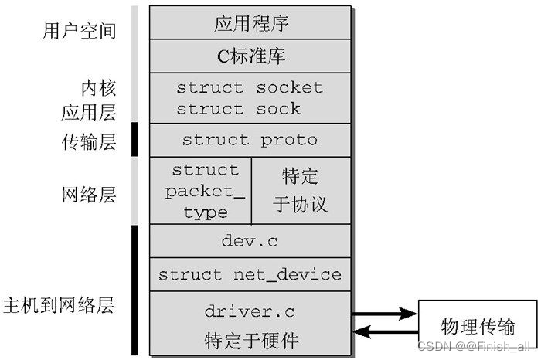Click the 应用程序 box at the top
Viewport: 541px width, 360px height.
250,23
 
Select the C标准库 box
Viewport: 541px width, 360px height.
250,56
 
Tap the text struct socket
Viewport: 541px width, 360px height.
250,87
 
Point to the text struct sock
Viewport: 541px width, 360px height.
239,109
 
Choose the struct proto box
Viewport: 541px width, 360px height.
250,140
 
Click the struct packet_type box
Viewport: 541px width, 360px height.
205,190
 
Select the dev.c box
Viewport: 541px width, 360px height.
250,241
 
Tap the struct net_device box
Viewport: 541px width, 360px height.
250,274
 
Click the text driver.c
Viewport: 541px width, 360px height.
250,311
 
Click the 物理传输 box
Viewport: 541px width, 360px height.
478,324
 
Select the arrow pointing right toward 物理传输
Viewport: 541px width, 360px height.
384,314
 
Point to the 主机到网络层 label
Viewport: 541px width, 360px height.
59,304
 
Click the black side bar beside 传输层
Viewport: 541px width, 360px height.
134,139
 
